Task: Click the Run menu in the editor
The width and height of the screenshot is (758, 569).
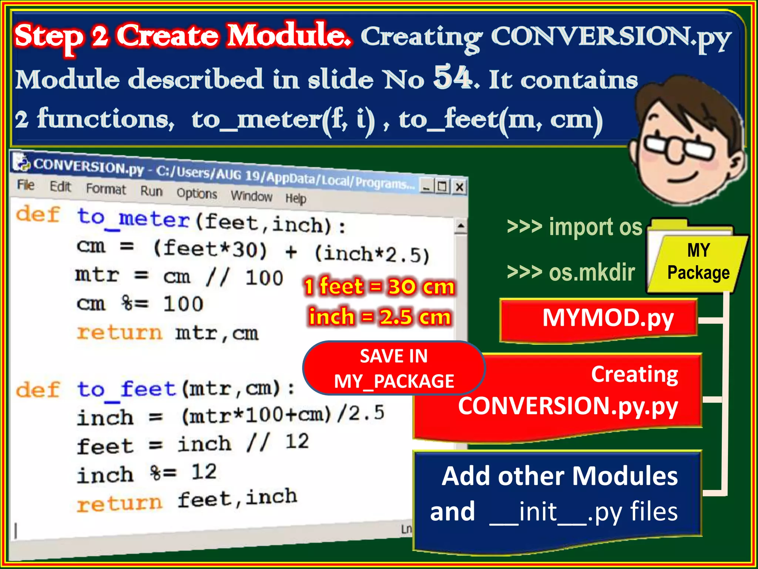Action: coord(151,191)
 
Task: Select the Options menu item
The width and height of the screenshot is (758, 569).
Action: coord(197,193)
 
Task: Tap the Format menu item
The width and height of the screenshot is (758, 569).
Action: coord(106,189)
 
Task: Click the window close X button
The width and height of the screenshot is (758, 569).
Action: coord(459,187)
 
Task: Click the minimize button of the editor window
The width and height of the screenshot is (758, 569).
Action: coord(426,185)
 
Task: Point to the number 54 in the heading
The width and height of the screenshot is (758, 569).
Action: coord(454,77)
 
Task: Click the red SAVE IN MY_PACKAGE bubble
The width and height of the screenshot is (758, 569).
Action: coord(394,368)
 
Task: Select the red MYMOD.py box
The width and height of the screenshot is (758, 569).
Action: coord(598,319)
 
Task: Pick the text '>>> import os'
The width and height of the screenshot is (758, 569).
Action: coord(574,227)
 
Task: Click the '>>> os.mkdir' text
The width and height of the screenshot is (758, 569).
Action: coord(571,272)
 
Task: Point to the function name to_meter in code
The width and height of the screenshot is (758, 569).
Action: coord(133,219)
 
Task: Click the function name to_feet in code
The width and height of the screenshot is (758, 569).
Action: coord(126,390)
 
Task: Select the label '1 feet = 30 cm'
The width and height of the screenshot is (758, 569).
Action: coord(379,287)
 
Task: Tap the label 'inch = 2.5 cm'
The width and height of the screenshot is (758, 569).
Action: coord(380,317)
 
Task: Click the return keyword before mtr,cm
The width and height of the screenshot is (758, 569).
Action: coord(119,332)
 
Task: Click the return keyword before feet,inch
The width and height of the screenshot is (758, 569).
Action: coord(119,504)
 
